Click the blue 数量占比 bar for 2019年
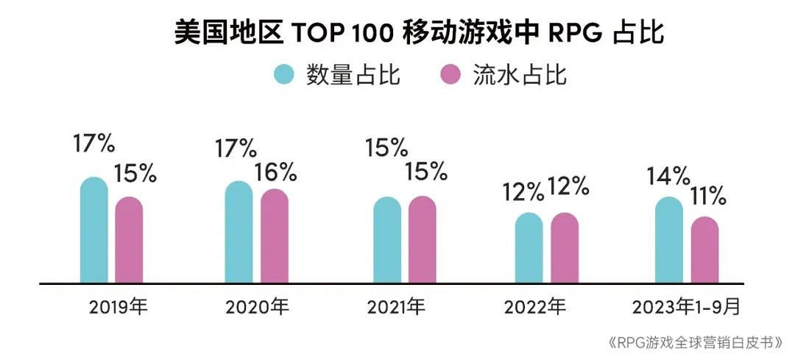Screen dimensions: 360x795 coord(93,231)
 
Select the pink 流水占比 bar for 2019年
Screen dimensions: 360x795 coord(129,241)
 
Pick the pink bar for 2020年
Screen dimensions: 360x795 coord(274,236)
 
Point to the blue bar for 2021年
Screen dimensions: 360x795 coord(387,241)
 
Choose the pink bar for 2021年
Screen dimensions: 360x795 coord(423,240)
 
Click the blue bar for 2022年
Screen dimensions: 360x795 coord(529,248)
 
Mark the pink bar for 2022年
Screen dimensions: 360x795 coord(565,248)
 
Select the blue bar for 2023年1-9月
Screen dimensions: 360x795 coord(669,241)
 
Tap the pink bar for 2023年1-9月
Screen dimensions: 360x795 coord(704,250)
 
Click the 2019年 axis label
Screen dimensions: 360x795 coord(119,306)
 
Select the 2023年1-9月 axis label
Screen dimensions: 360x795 coord(686,306)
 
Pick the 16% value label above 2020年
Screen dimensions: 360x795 coord(275,172)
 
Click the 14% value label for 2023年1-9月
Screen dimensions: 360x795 coord(668,177)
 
